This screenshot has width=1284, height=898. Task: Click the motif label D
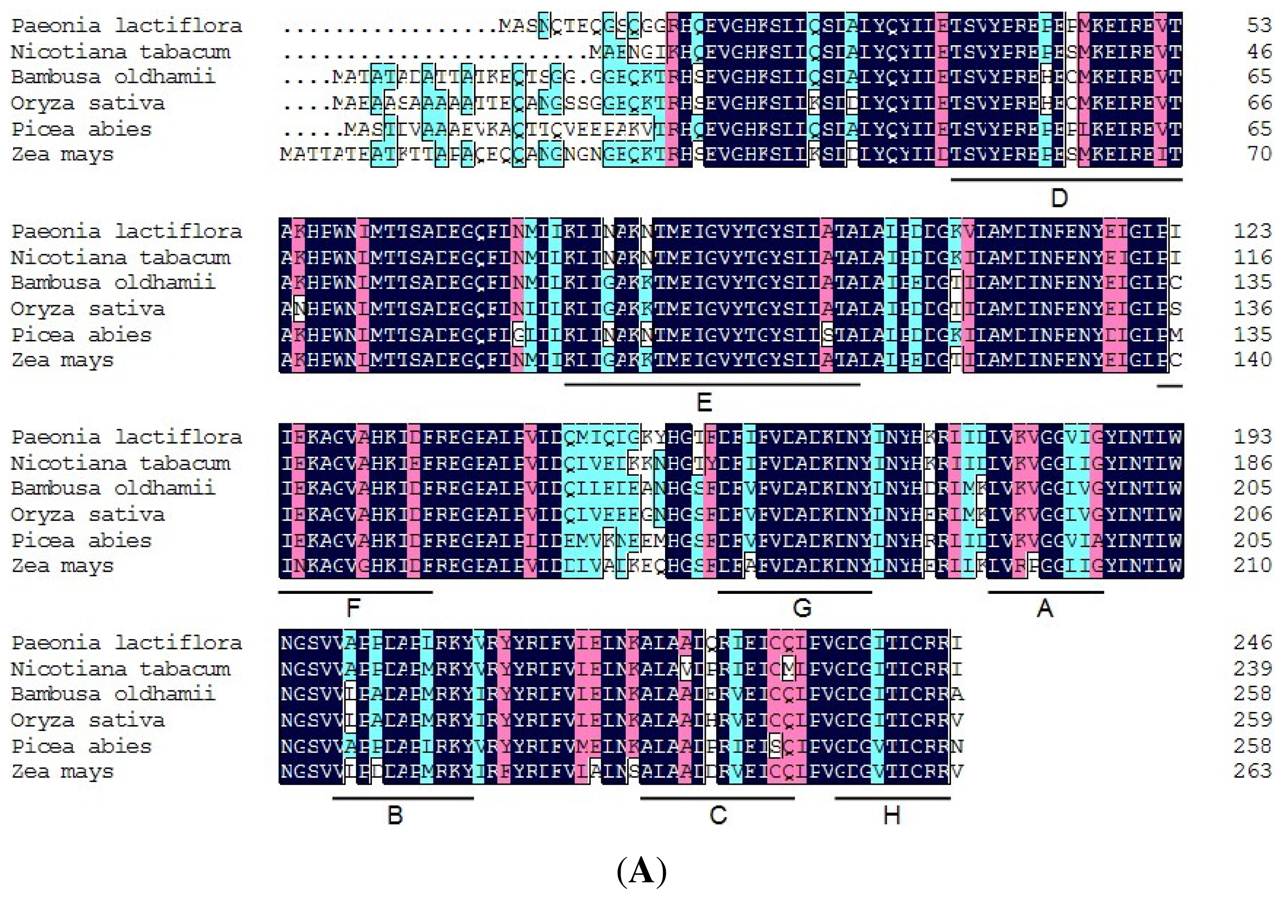click(x=1059, y=198)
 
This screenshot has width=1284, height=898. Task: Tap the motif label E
click(x=704, y=403)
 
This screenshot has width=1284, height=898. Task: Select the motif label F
click(x=353, y=607)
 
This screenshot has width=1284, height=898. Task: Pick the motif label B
click(x=395, y=816)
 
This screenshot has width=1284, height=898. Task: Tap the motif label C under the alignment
click(x=718, y=816)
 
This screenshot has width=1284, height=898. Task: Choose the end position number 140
click(x=1253, y=359)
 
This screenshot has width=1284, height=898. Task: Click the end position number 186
click(x=1253, y=463)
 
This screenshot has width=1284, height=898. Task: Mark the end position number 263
click(x=1253, y=771)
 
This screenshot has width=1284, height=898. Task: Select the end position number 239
click(x=1253, y=669)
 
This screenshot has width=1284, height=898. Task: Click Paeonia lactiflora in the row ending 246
click(x=126, y=643)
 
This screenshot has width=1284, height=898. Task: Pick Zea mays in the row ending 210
click(x=62, y=566)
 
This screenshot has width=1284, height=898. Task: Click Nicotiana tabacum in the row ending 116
click(x=120, y=258)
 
